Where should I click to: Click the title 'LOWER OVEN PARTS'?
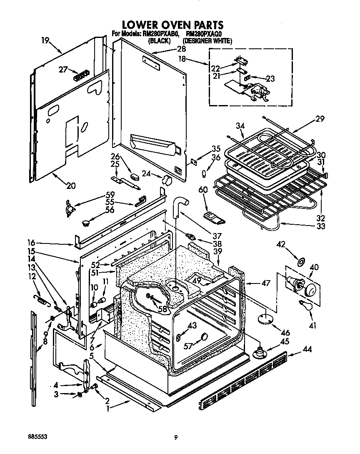[172, 25]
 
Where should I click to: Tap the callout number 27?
[63, 70]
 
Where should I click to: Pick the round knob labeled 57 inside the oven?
[204, 337]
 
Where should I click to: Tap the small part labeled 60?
[213, 217]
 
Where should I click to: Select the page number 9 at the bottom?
[176, 437]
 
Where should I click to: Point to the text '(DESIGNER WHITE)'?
[207, 41]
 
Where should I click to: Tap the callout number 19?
[45, 40]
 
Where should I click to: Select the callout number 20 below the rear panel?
[71, 186]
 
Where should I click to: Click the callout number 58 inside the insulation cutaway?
[162, 310]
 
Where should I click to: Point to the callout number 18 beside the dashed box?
[182, 60]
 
